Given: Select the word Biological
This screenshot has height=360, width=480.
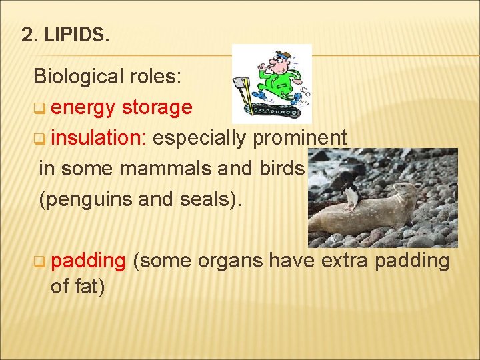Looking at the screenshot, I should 76,77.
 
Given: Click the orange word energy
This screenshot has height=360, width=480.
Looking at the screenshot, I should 83,107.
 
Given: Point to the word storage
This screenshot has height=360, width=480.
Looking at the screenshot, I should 157,107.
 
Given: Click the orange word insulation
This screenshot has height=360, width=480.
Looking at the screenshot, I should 99,138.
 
